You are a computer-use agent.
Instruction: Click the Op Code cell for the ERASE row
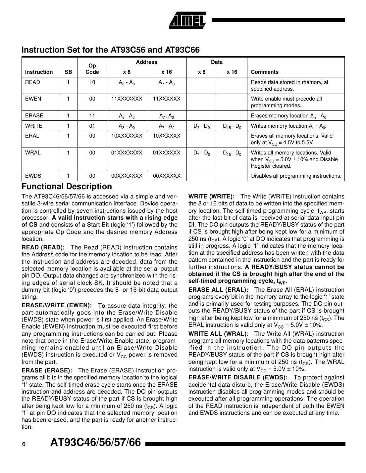(92, 116)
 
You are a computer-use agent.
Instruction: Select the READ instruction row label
(32, 82)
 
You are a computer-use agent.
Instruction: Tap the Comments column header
(265, 72)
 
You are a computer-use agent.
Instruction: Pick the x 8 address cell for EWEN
(127, 99)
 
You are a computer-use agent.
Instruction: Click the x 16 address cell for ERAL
(167, 136)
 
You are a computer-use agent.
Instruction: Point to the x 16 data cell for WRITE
(232, 126)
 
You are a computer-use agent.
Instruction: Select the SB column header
(68, 72)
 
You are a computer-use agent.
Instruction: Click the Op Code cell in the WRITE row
(92, 126)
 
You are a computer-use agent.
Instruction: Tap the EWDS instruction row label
(33, 176)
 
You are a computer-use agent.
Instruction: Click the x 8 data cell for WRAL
(201, 153)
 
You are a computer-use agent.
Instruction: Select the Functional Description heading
(67, 187)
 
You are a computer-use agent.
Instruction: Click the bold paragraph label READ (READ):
(43, 248)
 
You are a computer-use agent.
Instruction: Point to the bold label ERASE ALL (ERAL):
(218, 290)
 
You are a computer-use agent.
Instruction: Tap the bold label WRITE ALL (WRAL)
(217, 334)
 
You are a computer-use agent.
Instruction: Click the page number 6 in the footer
(24, 445)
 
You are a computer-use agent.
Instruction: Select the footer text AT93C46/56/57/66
(96, 443)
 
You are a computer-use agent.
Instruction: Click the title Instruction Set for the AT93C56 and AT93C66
(111, 50)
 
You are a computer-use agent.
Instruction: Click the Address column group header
(146, 62)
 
